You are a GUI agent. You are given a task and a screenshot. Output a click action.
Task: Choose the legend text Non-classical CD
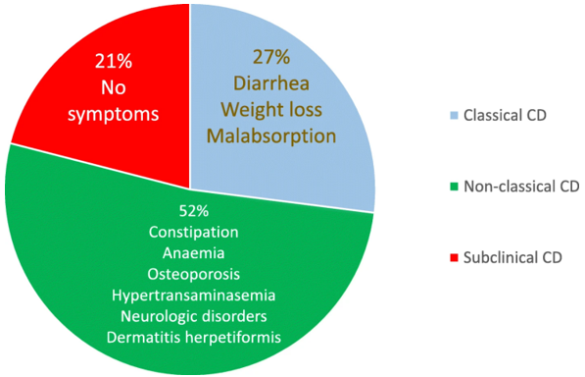click(x=520, y=187)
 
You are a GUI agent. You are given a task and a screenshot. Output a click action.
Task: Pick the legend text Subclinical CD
click(x=512, y=258)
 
